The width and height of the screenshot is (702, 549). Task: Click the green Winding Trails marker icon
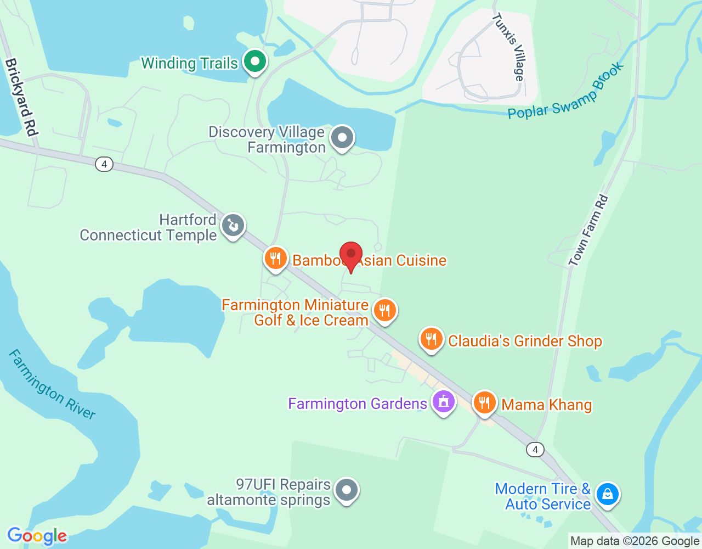coord(254,61)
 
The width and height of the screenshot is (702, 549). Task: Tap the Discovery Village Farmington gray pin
coord(343,137)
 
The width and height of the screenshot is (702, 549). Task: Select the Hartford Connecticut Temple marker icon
coord(233,225)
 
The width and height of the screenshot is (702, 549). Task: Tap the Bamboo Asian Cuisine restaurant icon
coord(275,258)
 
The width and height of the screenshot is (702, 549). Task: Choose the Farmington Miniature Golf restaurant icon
coord(385,311)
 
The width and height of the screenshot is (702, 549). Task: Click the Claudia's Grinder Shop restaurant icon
coord(432,339)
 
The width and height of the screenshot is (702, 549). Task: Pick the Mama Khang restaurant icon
coord(484,403)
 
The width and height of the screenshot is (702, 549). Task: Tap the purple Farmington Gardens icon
coord(444,402)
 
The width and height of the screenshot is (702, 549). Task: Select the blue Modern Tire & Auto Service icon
coord(608,494)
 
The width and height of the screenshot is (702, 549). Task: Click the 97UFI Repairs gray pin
coord(347,490)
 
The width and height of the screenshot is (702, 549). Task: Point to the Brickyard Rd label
coord(21,97)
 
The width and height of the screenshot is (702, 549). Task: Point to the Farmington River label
coord(52,384)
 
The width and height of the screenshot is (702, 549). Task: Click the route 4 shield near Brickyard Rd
coord(104,164)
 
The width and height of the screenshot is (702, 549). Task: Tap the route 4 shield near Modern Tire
coord(535,450)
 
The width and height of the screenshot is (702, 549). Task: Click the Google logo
coord(37,536)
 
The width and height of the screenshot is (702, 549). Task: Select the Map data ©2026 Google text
coord(635,541)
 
